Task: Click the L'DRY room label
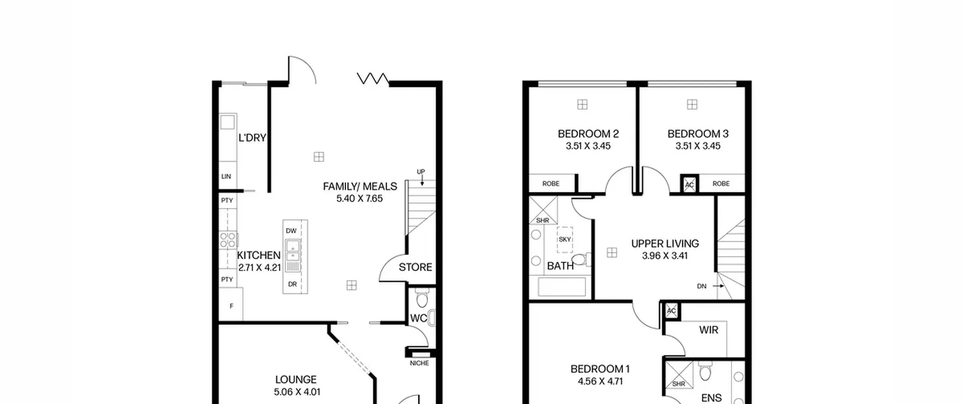pos(252,138)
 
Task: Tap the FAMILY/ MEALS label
pos(360,186)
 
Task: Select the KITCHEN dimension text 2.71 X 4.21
pos(260,268)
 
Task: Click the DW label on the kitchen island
pos(291,231)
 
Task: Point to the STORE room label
pos(415,267)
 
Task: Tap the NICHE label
pos(419,363)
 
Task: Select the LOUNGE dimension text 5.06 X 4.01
pos(297,392)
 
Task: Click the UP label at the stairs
pos(421,172)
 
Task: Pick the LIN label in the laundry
pos(226,176)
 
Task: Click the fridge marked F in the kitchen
pos(231,304)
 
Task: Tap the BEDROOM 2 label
pos(588,134)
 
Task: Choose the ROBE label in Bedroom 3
pos(721,184)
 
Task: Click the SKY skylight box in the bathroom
pos(565,239)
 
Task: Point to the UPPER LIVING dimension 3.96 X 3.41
pos(665,256)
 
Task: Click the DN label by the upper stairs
pos(702,286)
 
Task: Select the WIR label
pos(709,330)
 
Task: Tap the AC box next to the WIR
pos(671,311)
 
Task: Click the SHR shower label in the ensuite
pos(678,384)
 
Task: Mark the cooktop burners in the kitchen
pos(228,240)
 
